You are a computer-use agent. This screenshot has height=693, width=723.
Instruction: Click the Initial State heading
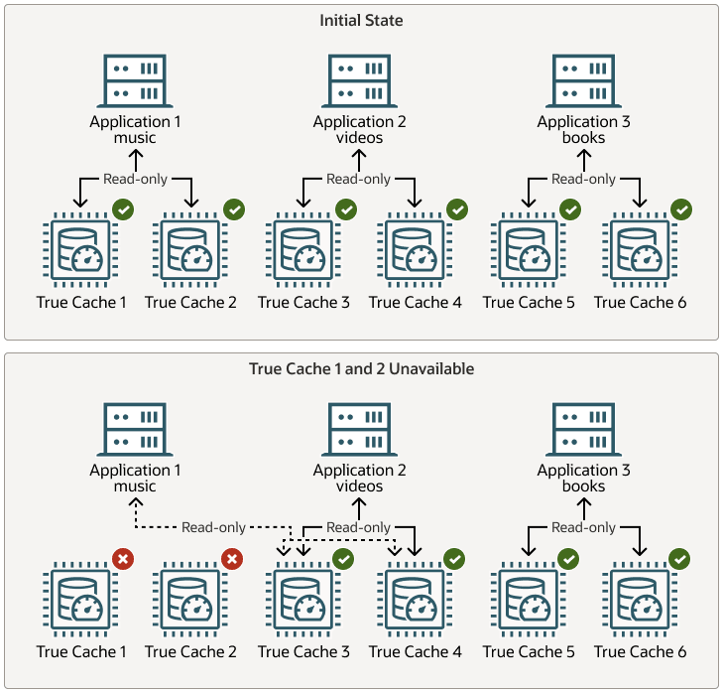click(360, 20)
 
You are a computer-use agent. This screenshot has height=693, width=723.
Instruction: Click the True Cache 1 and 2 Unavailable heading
click(361, 368)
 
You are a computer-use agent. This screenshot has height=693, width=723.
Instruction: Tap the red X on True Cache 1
click(123, 559)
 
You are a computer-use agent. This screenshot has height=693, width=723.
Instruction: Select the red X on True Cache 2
click(233, 559)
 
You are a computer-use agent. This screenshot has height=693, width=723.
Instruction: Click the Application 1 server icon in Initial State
click(136, 80)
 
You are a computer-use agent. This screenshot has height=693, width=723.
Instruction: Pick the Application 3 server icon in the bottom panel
click(583, 429)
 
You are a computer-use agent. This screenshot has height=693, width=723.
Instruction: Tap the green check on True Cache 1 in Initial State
click(123, 209)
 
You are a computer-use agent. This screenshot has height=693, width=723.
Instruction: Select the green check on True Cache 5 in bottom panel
click(568, 559)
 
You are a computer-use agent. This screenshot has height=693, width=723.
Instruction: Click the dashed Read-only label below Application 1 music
click(213, 527)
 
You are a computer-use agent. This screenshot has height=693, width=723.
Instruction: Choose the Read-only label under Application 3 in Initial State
click(583, 179)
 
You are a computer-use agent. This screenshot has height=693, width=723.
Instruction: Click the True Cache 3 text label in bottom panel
click(303, 651)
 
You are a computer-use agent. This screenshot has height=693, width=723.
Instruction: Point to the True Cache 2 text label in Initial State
click(190, 302)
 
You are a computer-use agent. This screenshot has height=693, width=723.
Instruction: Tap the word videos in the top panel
click(360, 138)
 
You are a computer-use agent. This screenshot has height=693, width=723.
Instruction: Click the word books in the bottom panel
click(583, 486)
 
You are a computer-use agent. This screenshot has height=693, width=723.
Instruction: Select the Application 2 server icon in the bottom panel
click(360, 429)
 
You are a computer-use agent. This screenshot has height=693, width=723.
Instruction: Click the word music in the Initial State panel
click(136, 138)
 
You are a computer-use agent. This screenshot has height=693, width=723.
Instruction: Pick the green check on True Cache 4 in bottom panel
click(456, 559)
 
